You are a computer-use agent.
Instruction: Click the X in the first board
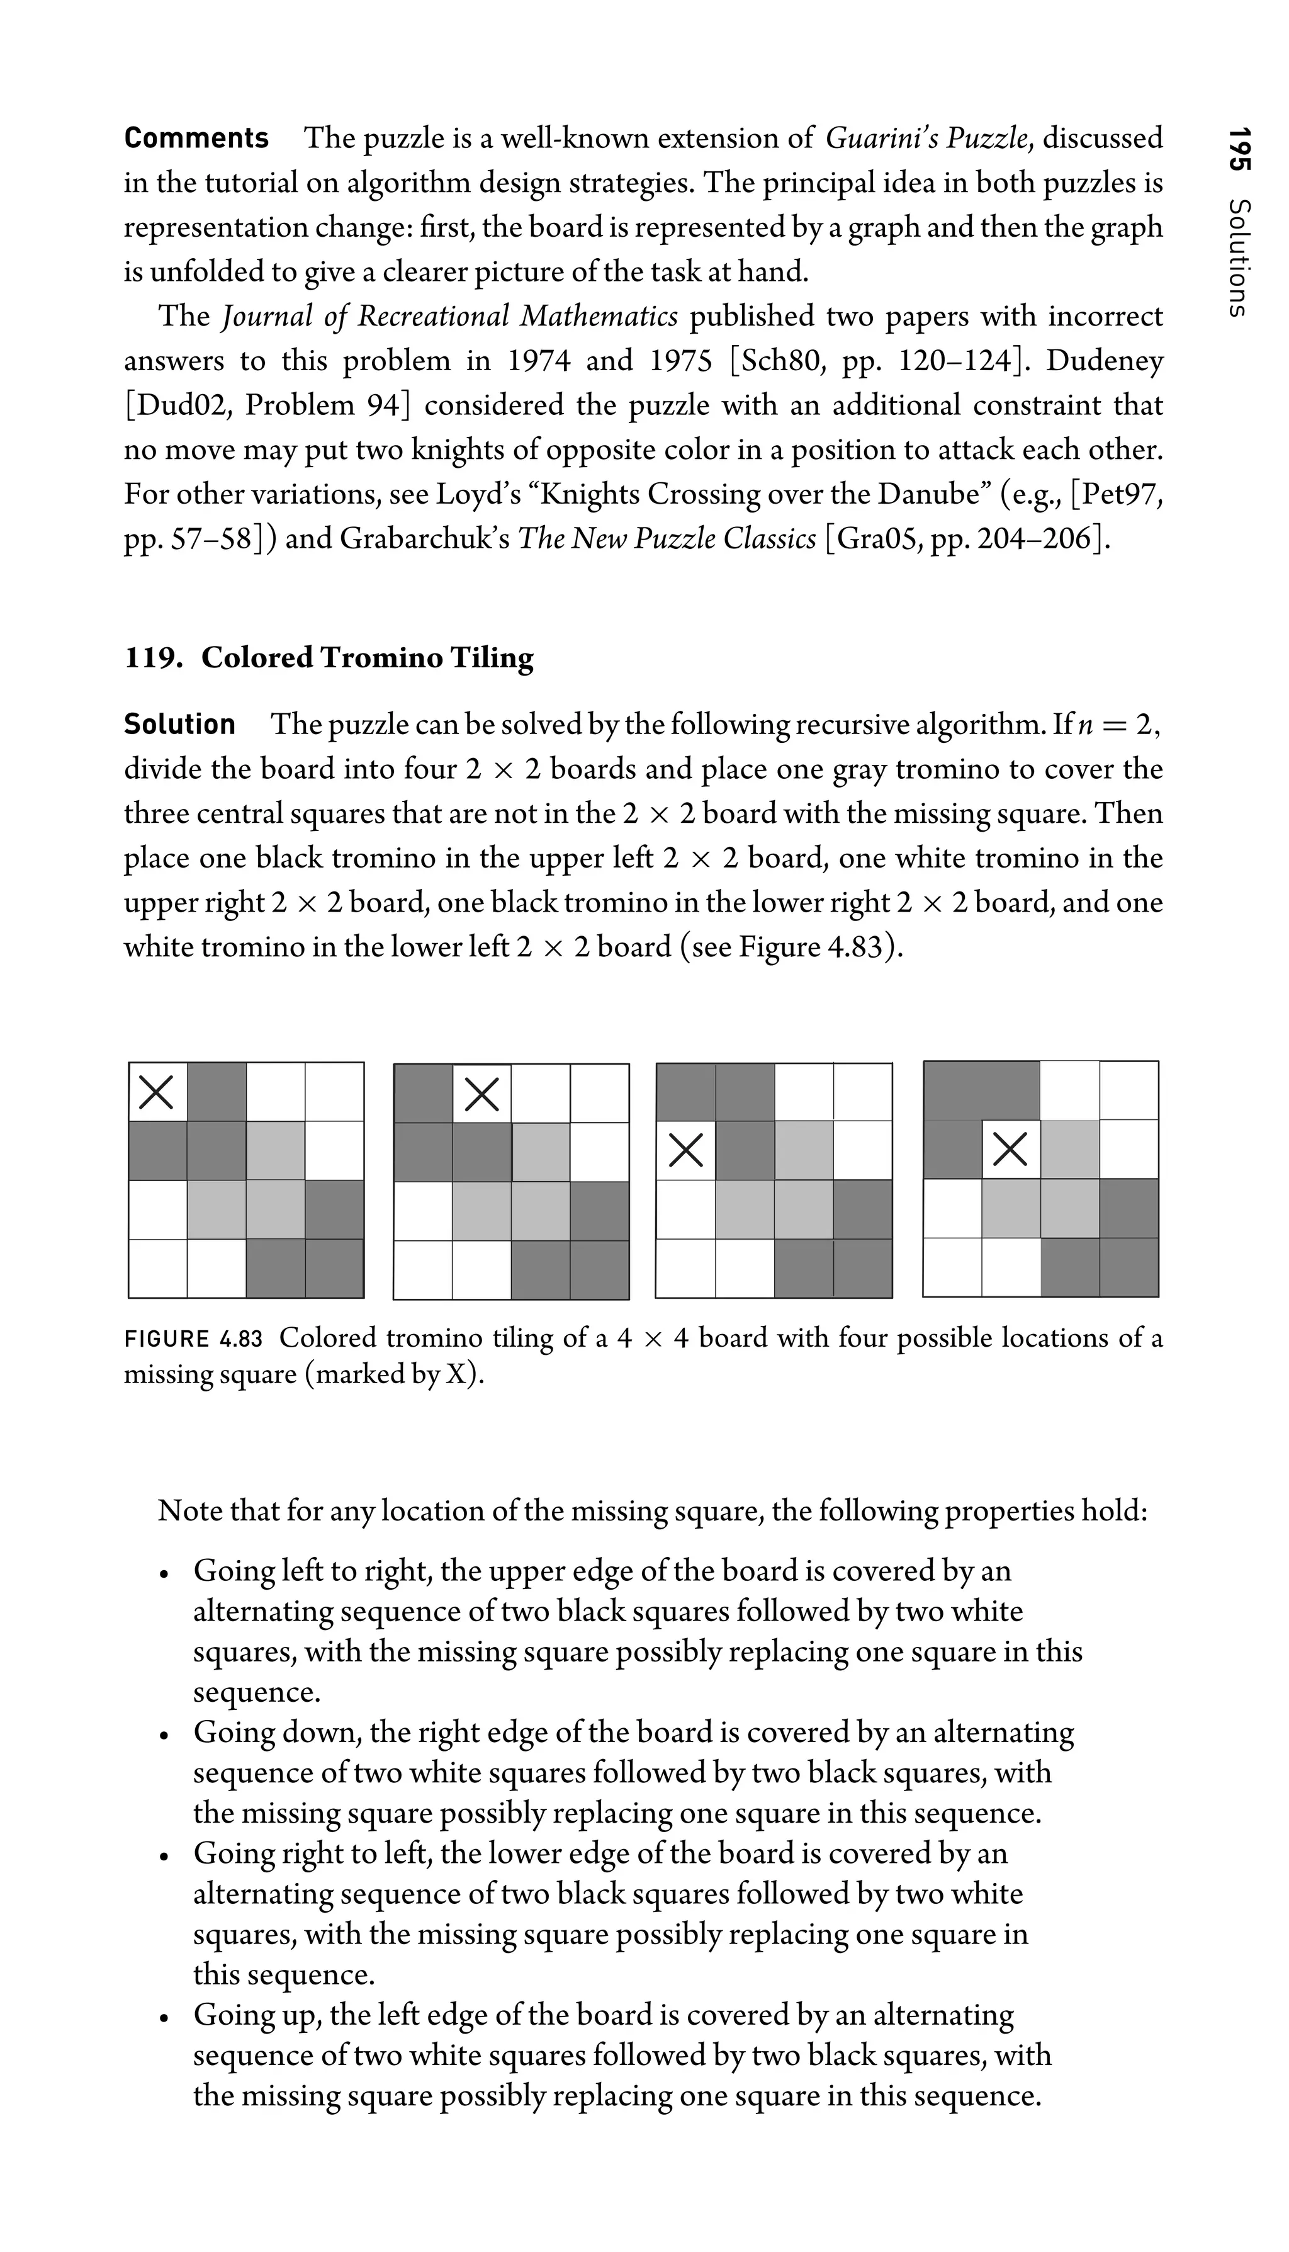(157, 1092)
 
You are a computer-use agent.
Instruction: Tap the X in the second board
(481, 1094)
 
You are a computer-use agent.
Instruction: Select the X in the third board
(685, 1150)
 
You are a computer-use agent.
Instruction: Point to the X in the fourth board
(1010, 1150)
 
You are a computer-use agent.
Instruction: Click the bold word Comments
(196, 138)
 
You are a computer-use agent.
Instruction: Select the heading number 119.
(153, 657)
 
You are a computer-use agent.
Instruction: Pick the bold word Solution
(180, 725)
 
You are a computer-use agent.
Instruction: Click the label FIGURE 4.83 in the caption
(193, 1338)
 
